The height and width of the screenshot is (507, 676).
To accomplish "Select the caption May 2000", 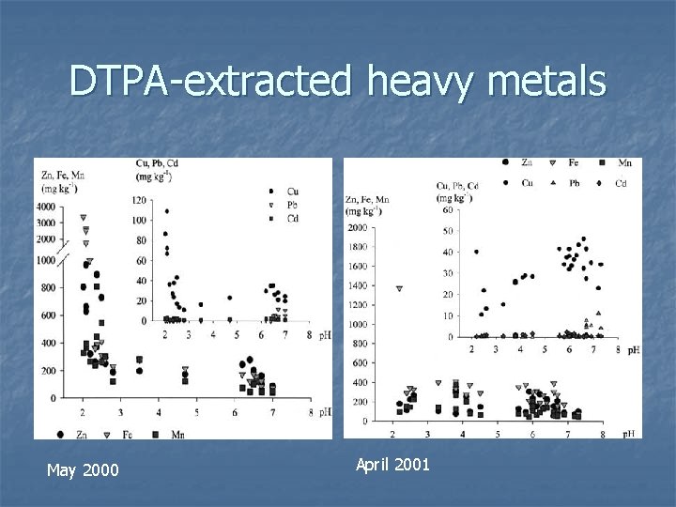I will [82, 469].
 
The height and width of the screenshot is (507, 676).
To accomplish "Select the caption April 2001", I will [392, 463].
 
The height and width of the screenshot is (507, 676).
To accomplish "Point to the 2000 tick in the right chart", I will [359, 227].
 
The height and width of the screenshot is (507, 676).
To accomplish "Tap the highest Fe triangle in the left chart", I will [84, 218].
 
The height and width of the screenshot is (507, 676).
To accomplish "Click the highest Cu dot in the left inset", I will [167, 211].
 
